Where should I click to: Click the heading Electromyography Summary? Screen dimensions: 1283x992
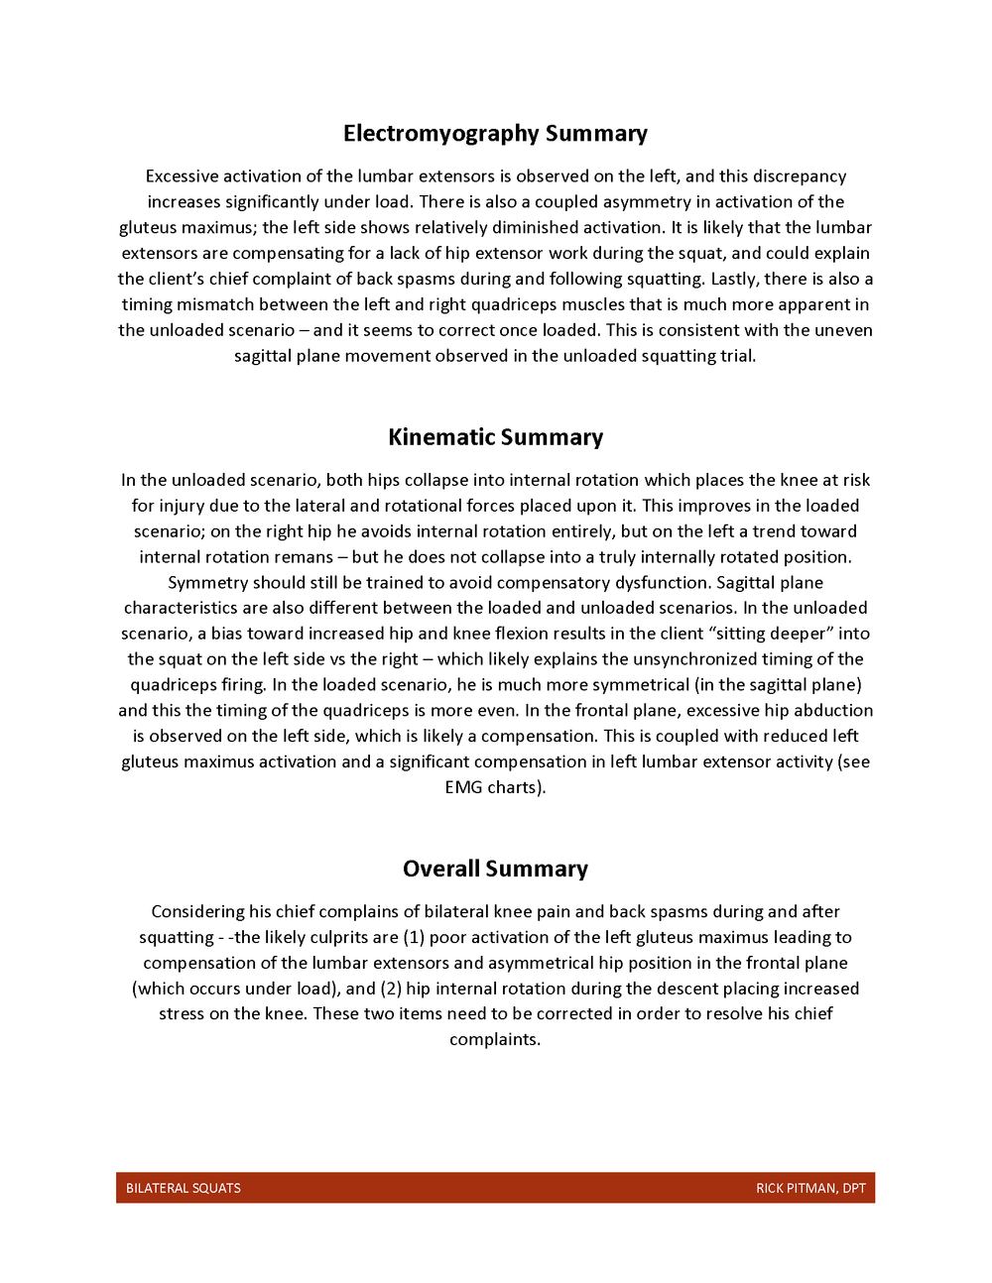click(x=495, y=134)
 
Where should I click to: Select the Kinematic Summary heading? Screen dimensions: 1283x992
click(x=495, y=437)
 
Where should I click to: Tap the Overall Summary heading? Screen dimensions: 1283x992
click(x=495, y=869)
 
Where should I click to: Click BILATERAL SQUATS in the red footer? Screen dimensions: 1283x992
click(x=184, y=1188)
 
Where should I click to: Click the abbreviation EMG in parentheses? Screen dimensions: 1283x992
click(x=463, y=787)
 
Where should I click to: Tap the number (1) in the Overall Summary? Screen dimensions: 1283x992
click(x=414, y=937)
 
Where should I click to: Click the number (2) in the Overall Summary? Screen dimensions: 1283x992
click(x=391, y=989)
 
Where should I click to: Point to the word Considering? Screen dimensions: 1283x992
click(x=197, y=911)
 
